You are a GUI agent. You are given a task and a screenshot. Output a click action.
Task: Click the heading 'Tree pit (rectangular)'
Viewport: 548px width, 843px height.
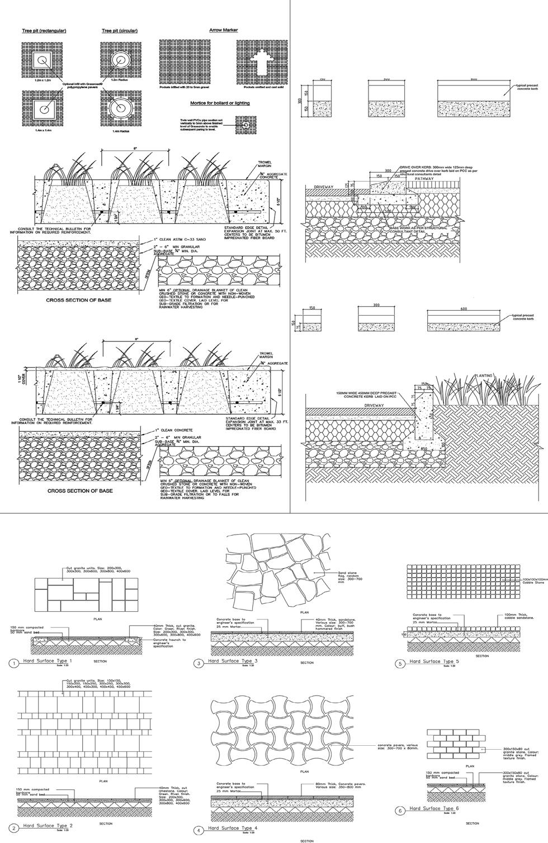44,31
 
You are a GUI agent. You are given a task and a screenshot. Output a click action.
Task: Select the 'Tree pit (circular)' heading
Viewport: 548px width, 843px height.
120,31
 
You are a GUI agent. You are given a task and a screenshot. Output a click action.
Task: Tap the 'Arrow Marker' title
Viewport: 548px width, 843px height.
224,30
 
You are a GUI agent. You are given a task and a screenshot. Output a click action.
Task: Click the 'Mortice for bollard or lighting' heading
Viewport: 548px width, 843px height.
220,103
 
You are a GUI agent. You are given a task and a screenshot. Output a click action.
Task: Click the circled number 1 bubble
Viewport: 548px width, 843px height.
12,664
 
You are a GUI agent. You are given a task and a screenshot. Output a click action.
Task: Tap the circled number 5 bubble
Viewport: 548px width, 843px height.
400,664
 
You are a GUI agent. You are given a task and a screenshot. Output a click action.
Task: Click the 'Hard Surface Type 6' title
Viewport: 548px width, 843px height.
433,808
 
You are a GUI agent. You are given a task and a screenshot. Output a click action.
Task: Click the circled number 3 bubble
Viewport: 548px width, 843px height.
199,664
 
